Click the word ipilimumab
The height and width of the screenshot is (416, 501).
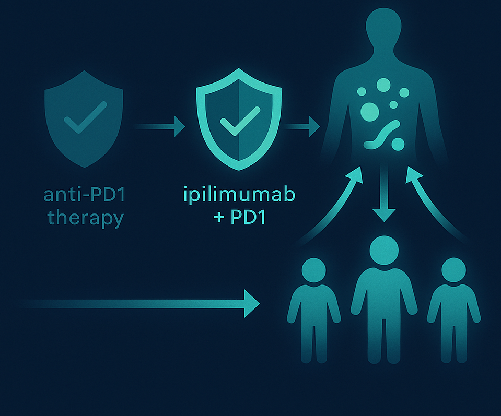point(240,196)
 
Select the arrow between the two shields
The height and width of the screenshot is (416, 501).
point(159,126)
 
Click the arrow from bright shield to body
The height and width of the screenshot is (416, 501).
point(303,126)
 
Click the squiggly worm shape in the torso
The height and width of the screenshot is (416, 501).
point(383,135)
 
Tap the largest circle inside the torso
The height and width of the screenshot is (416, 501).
point(369,111)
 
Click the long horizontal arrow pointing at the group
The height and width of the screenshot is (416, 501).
point(141,303)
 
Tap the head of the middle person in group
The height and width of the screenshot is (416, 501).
point(384,250)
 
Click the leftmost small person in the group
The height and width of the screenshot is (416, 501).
point(314,308)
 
